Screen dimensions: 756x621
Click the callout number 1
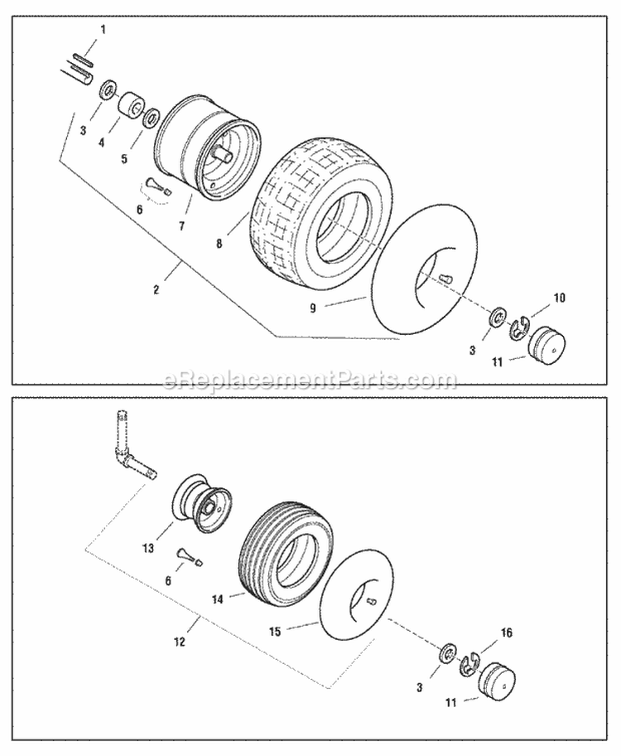[103, 30]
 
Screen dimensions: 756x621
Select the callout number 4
[102, 142]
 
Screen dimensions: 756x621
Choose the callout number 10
[559, 297]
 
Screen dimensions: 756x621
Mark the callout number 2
[156, 290]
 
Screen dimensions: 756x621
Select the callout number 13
[148, 547]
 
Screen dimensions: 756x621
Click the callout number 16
[507, 632]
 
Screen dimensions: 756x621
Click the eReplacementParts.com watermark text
[310, 381]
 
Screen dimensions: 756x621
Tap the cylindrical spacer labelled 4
[131, 108]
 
